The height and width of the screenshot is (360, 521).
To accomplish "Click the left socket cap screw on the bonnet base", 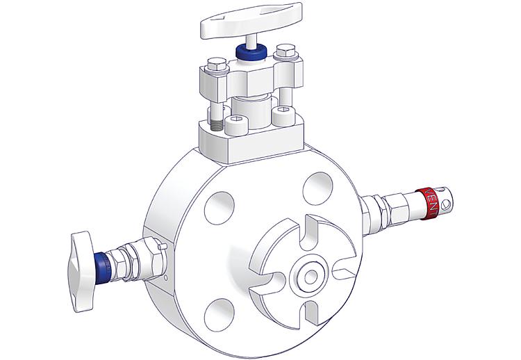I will coord(235,126).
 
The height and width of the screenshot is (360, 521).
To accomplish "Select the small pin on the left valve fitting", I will coord(161,247).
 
